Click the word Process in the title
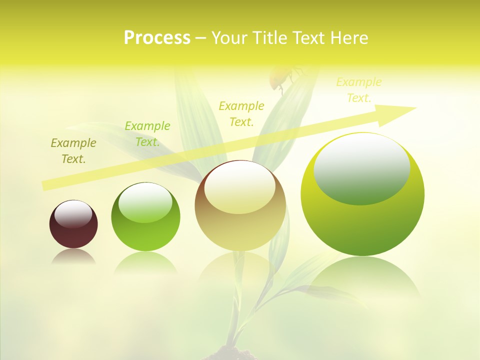pos(157,38)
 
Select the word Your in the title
pos(228,38)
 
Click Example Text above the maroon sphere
pos(73,151)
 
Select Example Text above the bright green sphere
pos(147,134)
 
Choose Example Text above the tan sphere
pos(241,113)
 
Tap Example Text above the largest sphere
pos(358,90)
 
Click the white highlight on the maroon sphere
pos(73,214)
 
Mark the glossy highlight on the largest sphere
pos(361,167)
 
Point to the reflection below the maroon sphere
pos(73,257)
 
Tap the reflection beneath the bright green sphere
pos(145,262)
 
